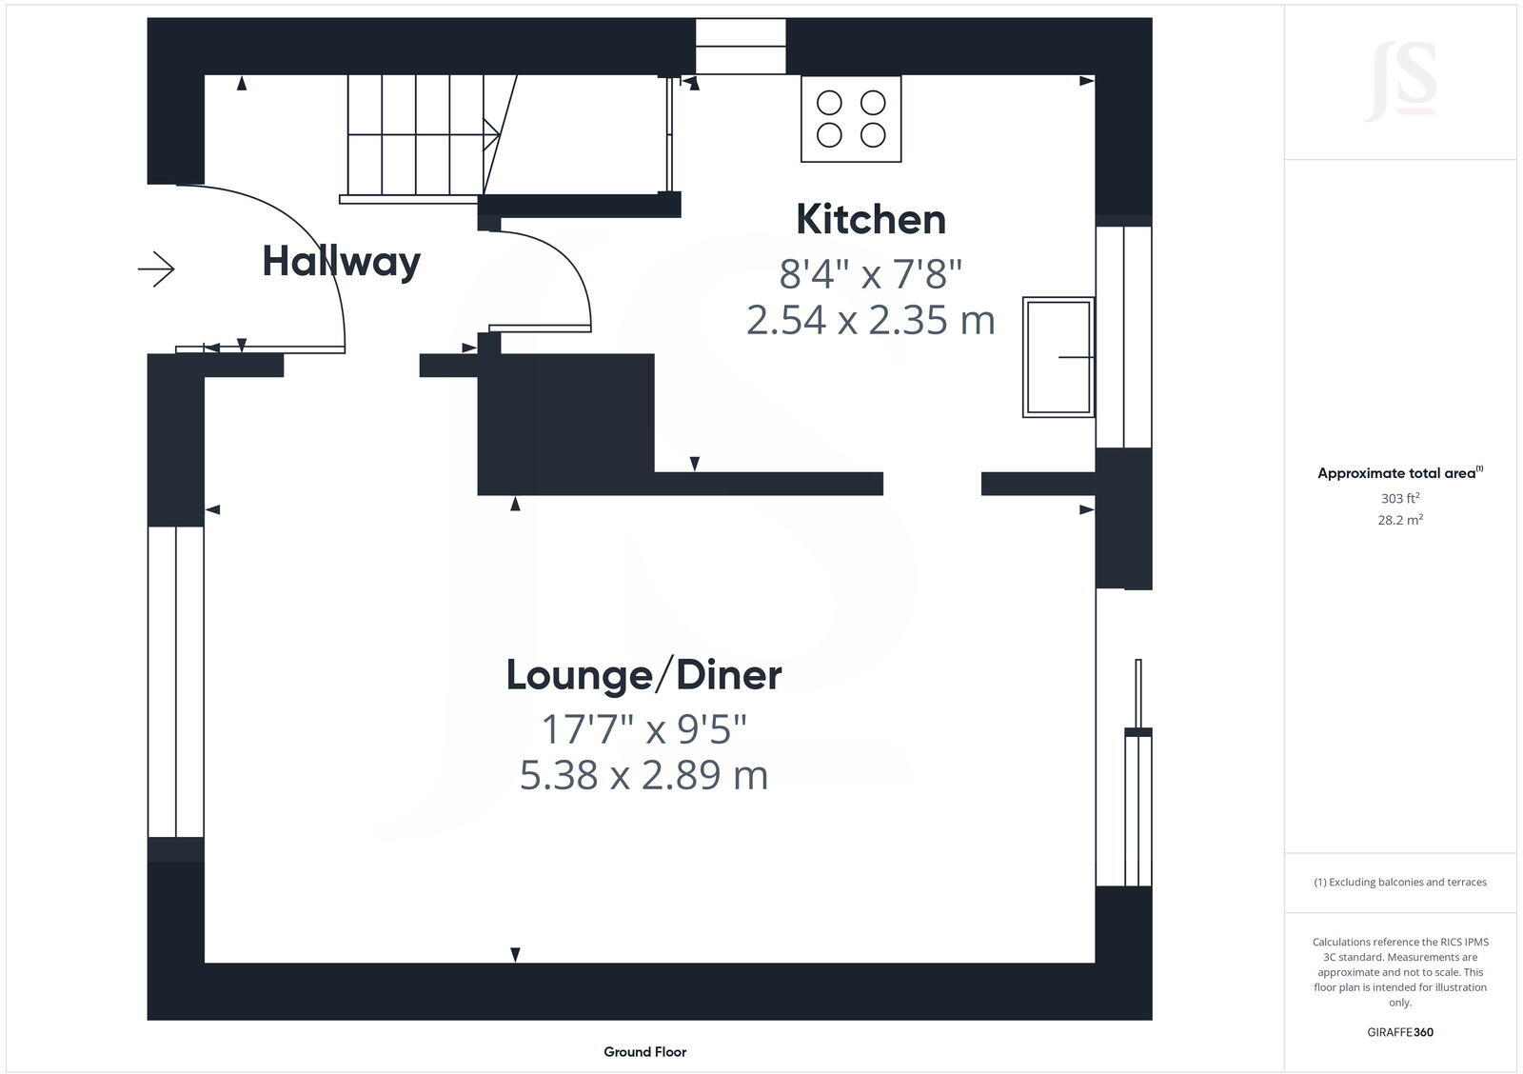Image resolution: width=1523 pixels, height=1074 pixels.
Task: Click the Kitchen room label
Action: click(871, 220)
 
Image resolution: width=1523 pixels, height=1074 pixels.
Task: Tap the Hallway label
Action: click(341, 262)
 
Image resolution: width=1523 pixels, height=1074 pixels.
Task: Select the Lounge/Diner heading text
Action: click(643, 675)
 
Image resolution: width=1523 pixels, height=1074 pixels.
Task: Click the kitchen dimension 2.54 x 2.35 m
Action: click(871, 320)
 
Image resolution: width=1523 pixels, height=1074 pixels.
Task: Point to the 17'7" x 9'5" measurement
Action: click(643, 730)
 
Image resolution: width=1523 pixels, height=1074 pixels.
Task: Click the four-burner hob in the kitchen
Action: click(851, 119)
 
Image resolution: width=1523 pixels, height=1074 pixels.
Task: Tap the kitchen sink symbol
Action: click(1058, 357)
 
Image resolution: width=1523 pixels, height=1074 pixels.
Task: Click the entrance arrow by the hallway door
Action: click(157, 269)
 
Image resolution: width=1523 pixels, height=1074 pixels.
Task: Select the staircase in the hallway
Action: click(419, 136)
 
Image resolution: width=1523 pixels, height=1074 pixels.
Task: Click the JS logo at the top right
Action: click(1400, 82)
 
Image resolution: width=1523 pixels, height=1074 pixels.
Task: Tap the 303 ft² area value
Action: click(1400, 498)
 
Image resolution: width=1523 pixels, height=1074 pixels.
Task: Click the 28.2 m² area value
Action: click(1400, 520)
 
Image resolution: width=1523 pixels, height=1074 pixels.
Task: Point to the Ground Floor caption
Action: click(644, 1052)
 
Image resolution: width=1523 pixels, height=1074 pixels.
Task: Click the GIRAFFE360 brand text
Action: click(1400, 1032)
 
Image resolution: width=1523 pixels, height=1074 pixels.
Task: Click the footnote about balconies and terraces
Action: click(1400, 883)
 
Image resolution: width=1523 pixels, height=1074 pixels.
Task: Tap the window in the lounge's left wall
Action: click(176, 681)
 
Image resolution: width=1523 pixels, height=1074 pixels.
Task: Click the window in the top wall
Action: click(741, 46)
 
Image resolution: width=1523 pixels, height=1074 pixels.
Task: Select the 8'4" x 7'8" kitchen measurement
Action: click(871, 275)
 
